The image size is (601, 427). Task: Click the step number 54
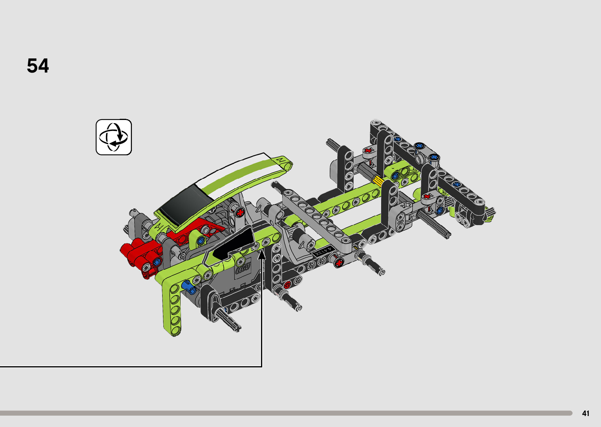point(38,65)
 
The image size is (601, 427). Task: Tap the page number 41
point(586,413)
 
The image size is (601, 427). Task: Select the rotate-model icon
point(114,137)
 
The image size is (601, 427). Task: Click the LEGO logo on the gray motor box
point(243,268)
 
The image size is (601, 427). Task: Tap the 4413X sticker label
point(323,252)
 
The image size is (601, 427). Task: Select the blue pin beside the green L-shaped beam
point(188,287)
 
